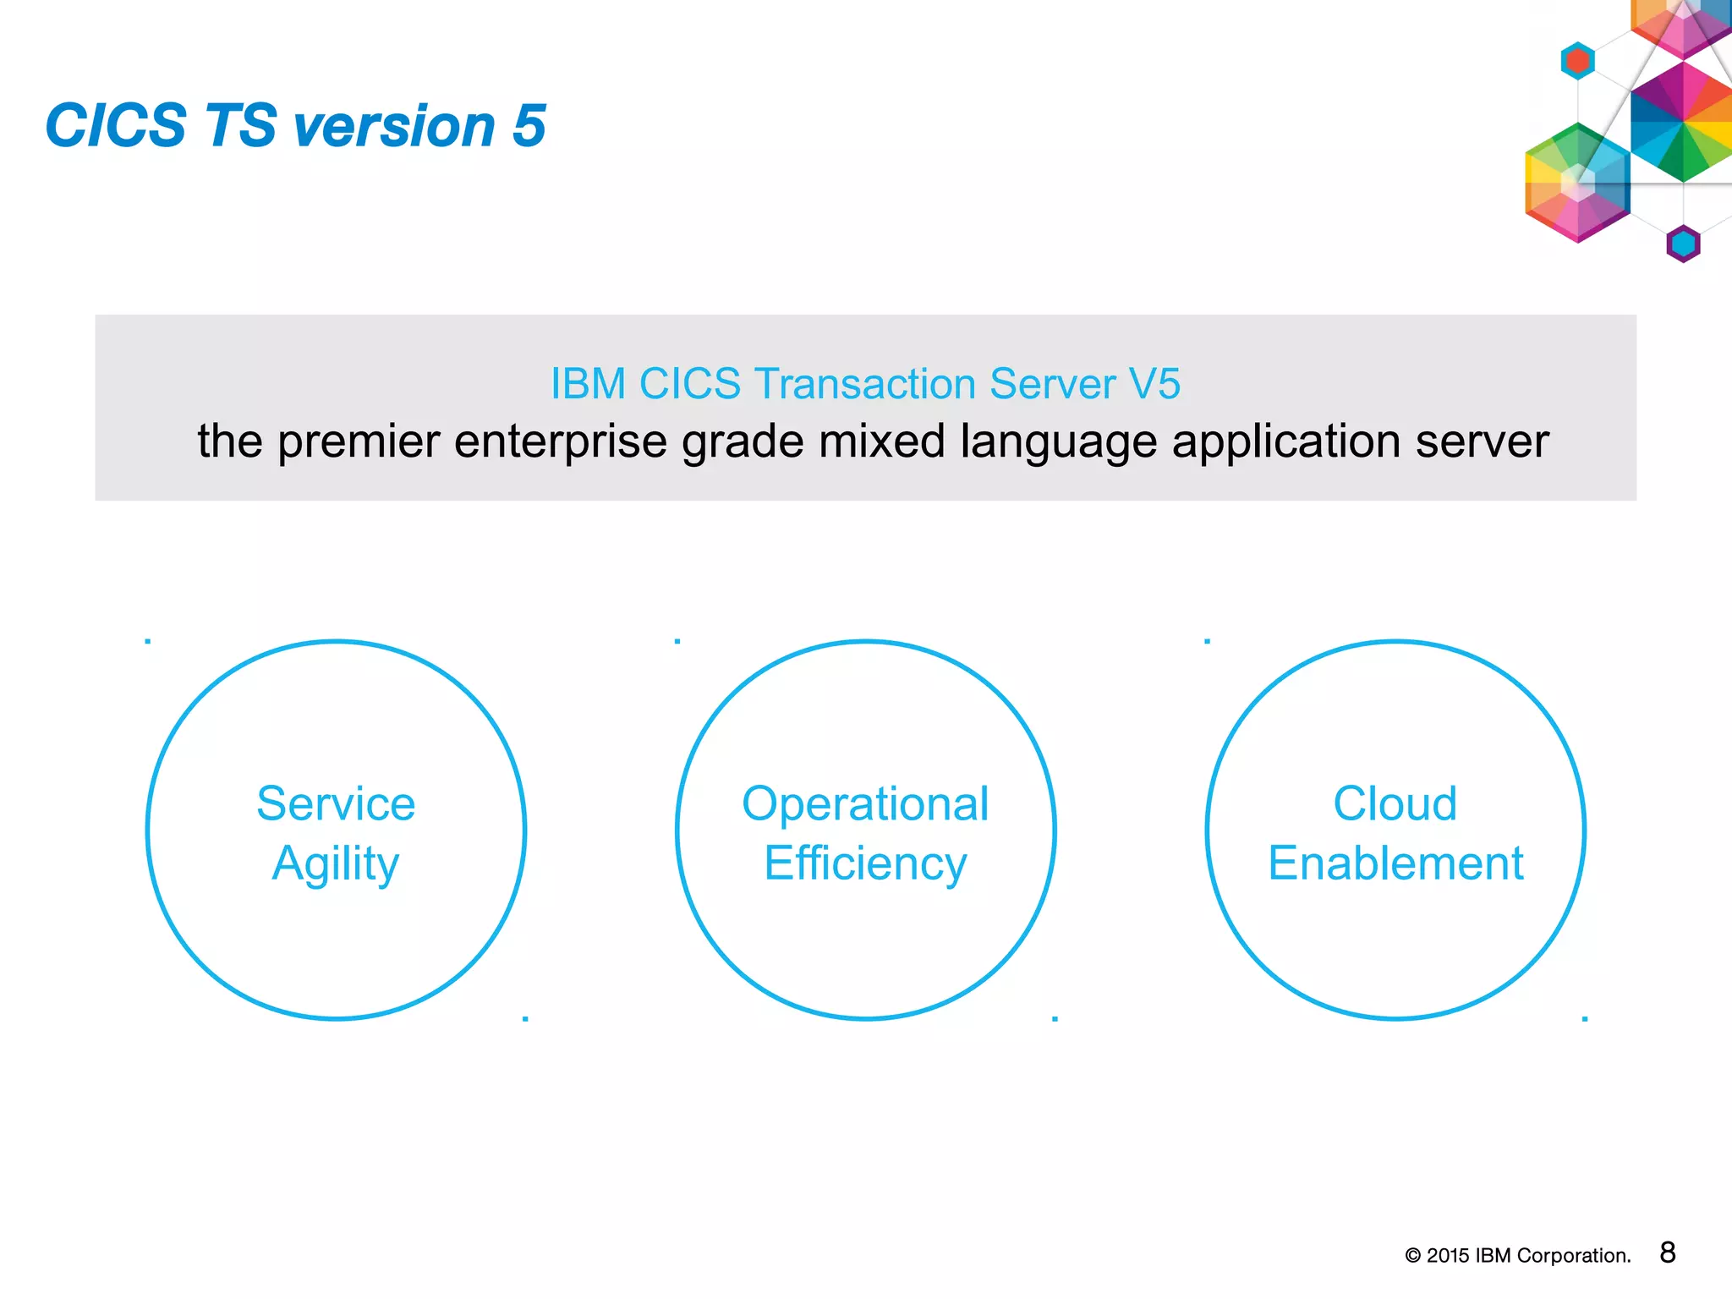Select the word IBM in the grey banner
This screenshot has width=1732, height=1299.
click(588, 384)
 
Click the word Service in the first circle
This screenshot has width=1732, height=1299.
click(336, 803)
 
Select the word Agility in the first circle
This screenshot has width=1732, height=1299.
click(336, 864)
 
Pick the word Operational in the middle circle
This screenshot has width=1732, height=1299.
click(865, 803)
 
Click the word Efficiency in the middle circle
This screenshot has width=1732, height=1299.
click(865, 864)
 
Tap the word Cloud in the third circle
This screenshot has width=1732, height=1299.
click(1395, 803)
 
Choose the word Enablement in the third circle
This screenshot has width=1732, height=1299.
click(1395, 864)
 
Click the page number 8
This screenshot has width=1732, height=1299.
click(1667, 1252)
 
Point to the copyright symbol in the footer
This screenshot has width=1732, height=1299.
click(1412, 1256)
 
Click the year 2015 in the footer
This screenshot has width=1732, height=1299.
click(1448, 1256)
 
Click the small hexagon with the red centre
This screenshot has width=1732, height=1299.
click(1577, 61)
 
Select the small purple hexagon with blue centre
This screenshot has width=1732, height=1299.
click(1683, 244)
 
